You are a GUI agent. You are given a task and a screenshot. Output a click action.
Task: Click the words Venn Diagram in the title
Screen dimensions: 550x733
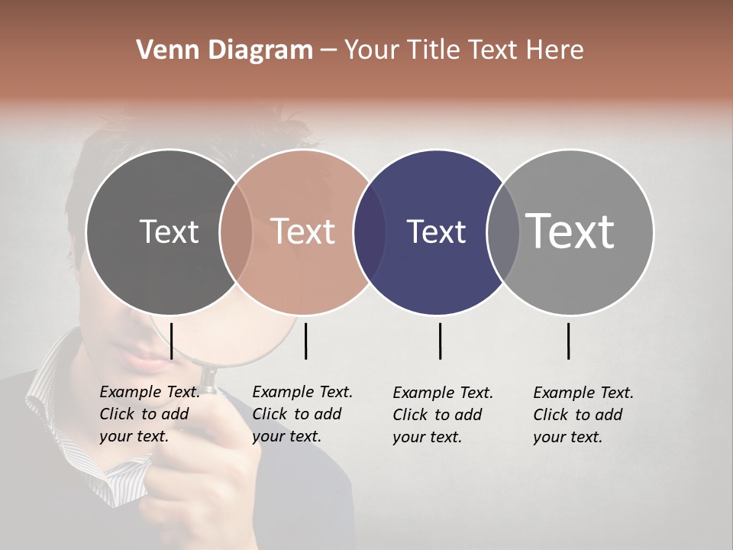point(224,50)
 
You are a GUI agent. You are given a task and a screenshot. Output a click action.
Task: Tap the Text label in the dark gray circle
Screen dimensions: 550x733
point(169,231)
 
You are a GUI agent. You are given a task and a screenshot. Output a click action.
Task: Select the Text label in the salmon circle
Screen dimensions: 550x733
point(302,231)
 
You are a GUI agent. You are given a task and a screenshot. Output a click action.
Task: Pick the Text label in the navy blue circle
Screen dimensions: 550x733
point(436,231)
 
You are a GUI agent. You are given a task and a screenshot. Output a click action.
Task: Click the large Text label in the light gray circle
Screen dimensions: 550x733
point(570,231)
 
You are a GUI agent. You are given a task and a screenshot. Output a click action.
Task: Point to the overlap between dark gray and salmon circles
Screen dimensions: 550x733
point(236,231)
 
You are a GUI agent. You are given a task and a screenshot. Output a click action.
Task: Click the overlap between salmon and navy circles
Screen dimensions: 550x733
point(370,231)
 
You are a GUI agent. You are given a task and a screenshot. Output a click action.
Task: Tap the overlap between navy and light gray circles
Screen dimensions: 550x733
point(503,231)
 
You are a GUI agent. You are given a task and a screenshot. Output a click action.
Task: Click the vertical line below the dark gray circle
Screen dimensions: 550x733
point(171,341)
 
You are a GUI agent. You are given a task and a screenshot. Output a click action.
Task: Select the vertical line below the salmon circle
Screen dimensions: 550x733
point(305,341)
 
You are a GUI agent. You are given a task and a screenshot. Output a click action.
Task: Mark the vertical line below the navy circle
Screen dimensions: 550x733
point(440,341)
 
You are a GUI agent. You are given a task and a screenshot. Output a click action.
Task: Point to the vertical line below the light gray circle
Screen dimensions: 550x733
point(568,341)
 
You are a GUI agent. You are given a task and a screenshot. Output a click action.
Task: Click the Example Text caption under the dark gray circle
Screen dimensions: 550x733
point(150,414)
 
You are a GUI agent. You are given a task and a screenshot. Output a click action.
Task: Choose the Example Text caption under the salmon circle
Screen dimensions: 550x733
point(302,414)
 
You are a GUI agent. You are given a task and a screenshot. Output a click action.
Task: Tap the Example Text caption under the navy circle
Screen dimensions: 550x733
point(443,415)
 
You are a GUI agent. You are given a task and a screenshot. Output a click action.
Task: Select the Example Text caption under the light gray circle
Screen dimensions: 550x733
point(583,415)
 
